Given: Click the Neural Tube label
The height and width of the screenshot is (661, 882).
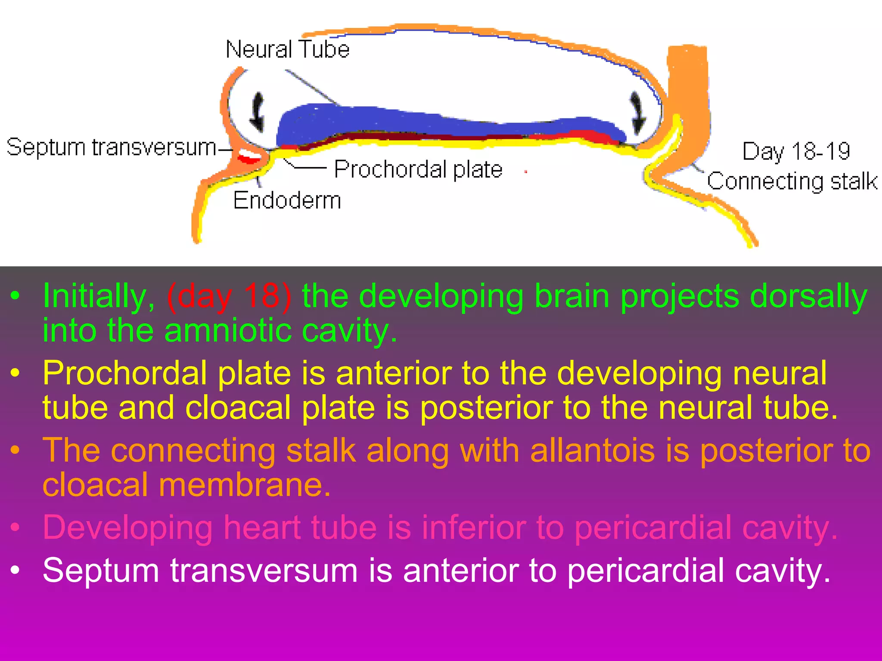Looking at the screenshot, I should point(287,49).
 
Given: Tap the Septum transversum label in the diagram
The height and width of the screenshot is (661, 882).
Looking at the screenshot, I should point(111,147).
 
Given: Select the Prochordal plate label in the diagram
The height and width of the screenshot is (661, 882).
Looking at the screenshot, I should point(418,169).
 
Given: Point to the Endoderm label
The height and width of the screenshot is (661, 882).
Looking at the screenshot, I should point(287,201).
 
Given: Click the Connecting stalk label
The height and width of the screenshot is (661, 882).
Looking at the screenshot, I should point(792,181).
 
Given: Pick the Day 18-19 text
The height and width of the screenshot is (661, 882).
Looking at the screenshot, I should point(796,151).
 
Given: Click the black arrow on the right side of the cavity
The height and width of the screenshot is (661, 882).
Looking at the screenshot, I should point(637,113).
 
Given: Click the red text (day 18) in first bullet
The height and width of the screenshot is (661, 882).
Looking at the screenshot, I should point(229,296).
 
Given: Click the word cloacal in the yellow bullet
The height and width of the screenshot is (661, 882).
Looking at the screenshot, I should point(238,408).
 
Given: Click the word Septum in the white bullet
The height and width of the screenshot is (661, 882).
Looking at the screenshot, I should point(101,571).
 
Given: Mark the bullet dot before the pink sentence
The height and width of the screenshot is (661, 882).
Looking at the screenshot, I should point(16,528).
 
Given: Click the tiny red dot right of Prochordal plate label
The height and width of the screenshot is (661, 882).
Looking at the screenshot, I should point(526,172).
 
